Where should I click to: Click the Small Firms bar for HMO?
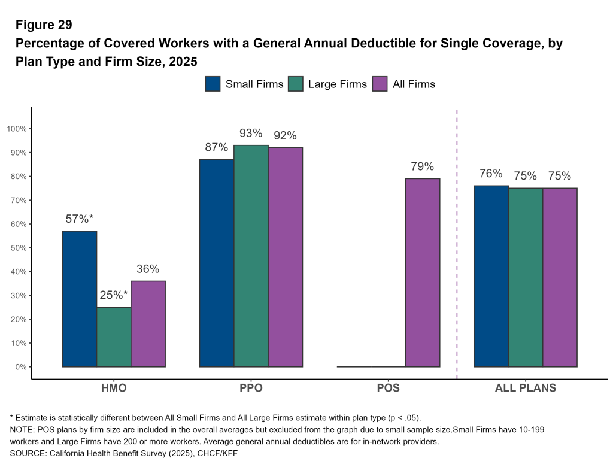pos(79,299)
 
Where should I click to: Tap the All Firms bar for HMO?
pos(148,324)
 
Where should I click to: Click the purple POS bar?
pos(422,273)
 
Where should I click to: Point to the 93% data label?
pos(251,133)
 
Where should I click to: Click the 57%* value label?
pos(79,219)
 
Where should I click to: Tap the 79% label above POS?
pos(422,166)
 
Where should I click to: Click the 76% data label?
pos(491,174)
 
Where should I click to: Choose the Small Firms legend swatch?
pos(213,84)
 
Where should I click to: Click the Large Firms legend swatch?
pos(296,84)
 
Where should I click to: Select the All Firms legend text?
pos(414,84)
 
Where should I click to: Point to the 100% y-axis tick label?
pos(17,129)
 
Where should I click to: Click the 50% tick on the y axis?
pos(19,248)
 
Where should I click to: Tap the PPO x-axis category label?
pos(251,388)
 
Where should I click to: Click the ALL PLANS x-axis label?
pos(525,388)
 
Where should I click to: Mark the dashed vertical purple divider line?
pos(457,239)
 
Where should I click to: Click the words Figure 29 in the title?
pos(44,25)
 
